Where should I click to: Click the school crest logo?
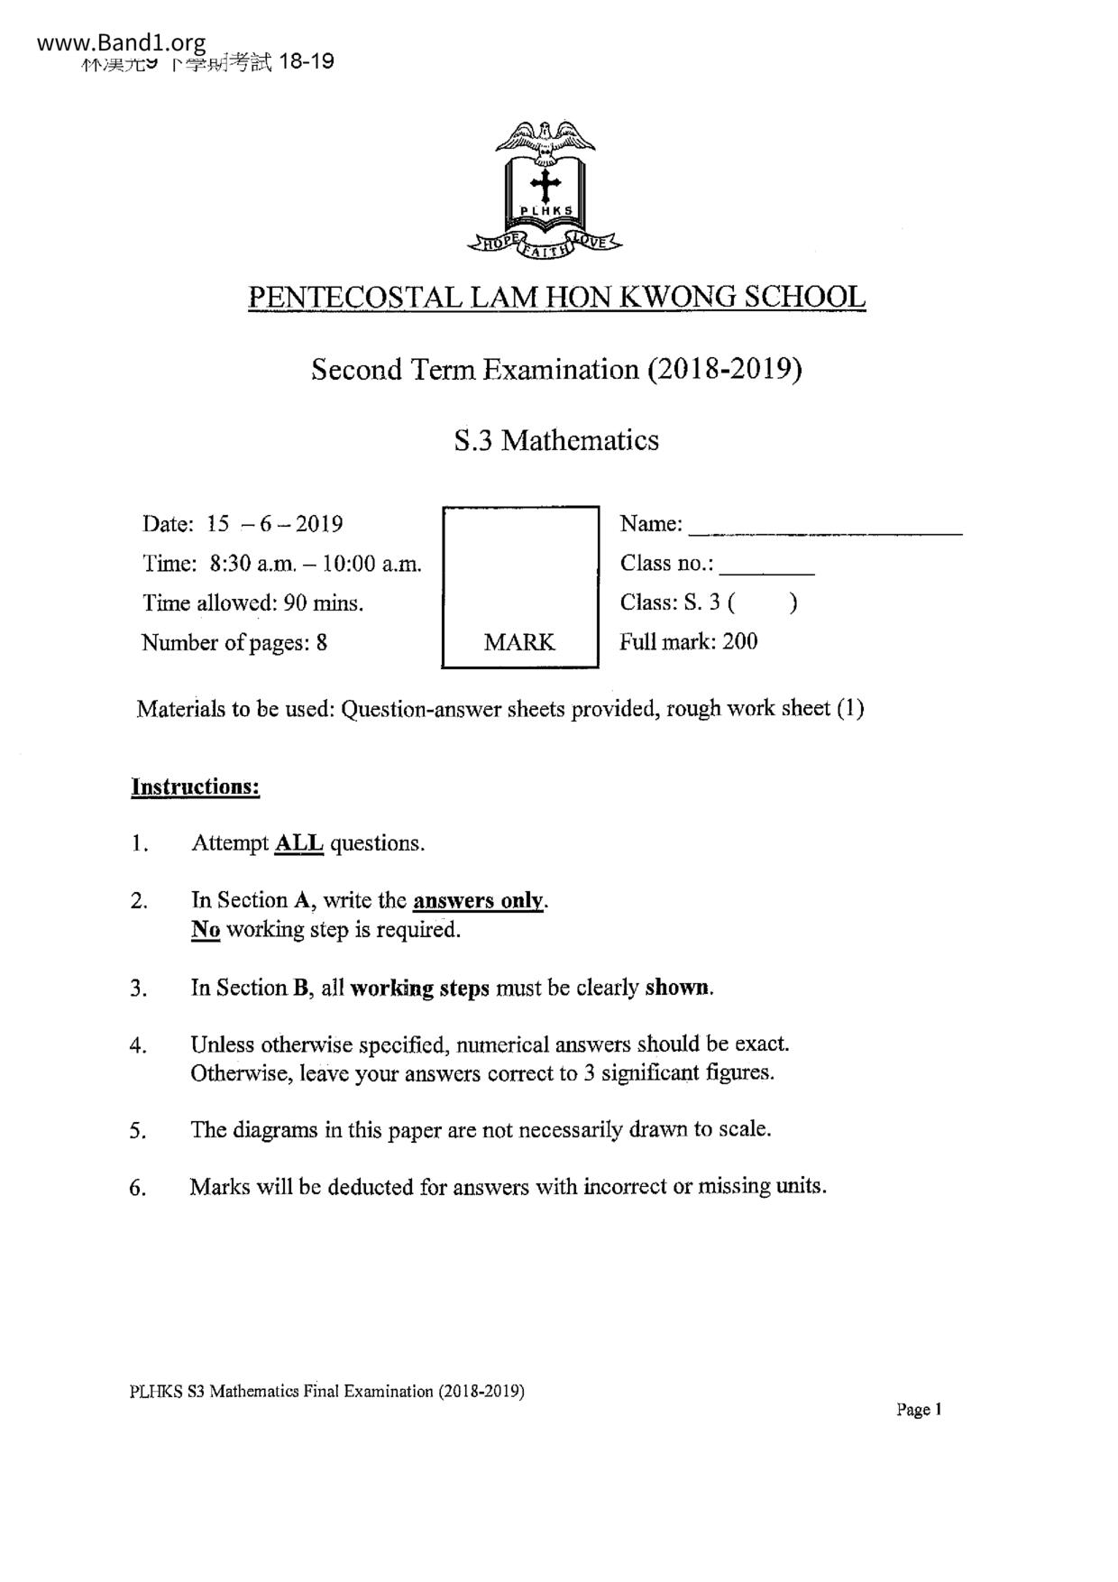545,189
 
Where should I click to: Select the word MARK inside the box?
519,642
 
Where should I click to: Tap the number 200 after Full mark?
740,641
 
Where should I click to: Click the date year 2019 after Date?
318,524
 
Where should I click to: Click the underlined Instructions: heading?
196,786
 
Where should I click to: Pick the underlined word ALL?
298,843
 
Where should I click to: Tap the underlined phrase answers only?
479,900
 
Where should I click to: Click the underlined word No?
206,929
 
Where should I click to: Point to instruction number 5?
138,1131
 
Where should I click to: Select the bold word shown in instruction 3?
678,988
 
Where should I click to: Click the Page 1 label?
919,1410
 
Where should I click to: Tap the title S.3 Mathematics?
556,440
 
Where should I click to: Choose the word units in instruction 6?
800,1186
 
